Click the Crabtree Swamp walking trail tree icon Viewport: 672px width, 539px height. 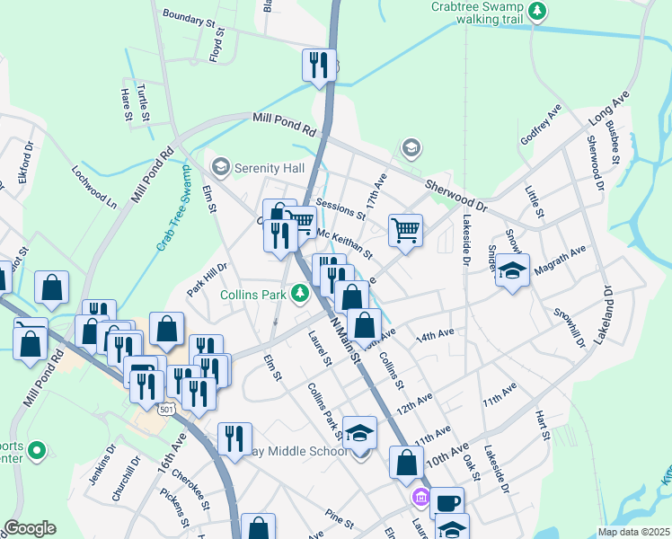tap(537, 11)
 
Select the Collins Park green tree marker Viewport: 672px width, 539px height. tap(305, 293)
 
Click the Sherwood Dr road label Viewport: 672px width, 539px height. tap(455, 194)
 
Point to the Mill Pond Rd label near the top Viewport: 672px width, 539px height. tap(284, 124)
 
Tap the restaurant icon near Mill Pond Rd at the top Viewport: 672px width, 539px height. tap(317, 65)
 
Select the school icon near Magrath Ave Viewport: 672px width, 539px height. tap(512, 269)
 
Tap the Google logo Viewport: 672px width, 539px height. tap(29, 528)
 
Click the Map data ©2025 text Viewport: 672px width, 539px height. tap(634, 532)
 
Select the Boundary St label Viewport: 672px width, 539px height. tap(190, 17)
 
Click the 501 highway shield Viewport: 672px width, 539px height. tap(165, 410)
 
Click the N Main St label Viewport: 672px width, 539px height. tap(345, 340)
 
